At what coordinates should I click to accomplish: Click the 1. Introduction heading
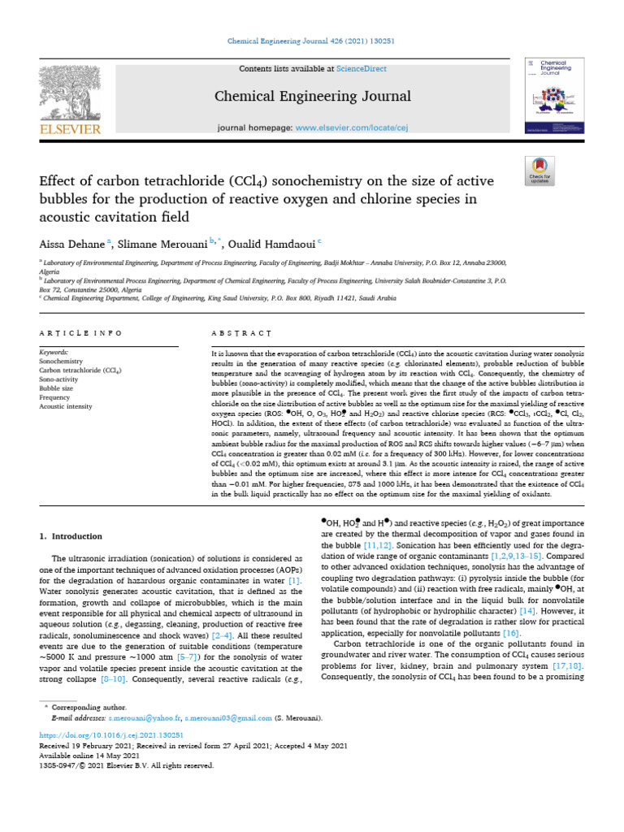point(71,536)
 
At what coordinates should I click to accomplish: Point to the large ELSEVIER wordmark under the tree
point(67,128)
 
